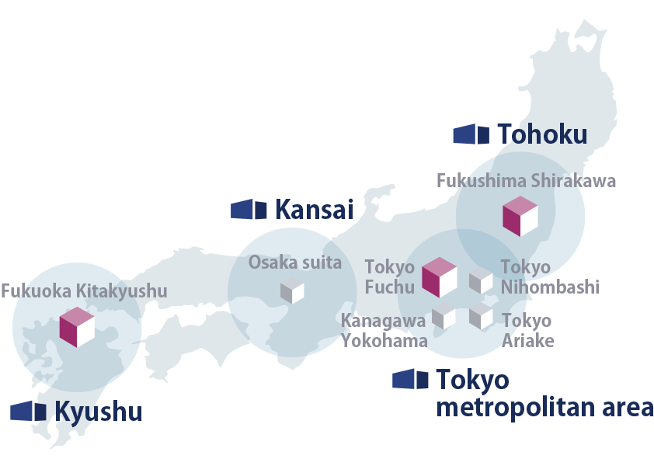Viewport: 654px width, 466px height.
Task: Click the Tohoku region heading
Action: pyautogui.click(x=541, y=134)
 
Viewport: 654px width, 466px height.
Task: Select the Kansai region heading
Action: pyautogui.click(x=314, y=209)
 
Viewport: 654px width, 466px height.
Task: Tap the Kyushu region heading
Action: pyautogui.click(x=98, y=412)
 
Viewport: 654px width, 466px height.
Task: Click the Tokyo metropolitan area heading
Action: pyautogui.click(x=544, y=394)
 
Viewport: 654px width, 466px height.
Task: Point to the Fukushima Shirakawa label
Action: pyautogui.click(x=526, y=181)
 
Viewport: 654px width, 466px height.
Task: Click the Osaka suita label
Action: pyautogui.click(x=294, y=263)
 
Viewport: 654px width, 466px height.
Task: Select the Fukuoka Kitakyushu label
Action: pyautogui.click(x=84, y=291)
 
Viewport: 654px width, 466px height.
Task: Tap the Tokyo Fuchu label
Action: pyautogui.click(x=389, y=277)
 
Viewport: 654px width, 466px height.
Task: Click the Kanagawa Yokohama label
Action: pyautogui.click(x=384, y=330)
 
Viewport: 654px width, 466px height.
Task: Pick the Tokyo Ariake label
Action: pyautogui.click(x=527, y=330)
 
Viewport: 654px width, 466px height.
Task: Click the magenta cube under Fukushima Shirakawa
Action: pyautogui.click(x=520, y=217)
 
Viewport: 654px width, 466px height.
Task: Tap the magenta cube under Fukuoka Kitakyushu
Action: pyautogui.click(x=77, y=327)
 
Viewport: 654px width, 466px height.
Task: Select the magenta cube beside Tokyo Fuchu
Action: pyautogui.click(x=439, y=277)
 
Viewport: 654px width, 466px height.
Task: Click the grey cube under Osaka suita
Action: pyautogui.click(x=292, y=290)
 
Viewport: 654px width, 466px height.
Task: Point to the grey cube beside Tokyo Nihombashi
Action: pyautogui.click(x=481, y=280)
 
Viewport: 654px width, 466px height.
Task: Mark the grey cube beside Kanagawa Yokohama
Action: pyautogui.click(x=444, y=315)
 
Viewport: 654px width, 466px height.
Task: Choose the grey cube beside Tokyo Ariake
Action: pyautogui.click(x=481, y=315)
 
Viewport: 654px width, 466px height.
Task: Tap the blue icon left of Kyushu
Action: pyautogui.click(x=29, y=412)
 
